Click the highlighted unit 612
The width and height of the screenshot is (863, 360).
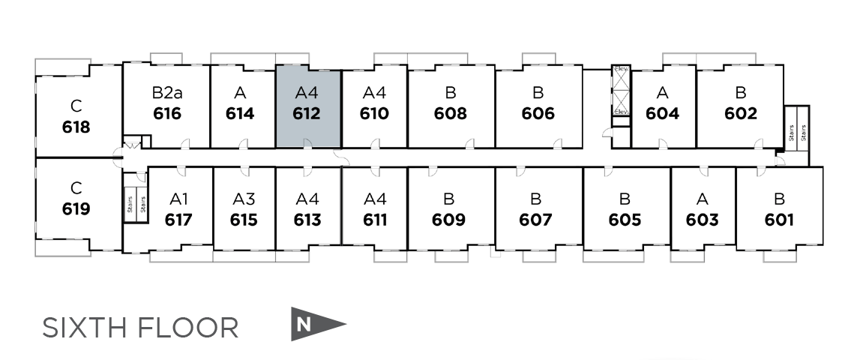click(308, 106)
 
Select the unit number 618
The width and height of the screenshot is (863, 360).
click(76, 127)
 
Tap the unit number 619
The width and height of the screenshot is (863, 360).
click(76, 208)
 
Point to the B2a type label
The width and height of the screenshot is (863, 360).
click(166, 93)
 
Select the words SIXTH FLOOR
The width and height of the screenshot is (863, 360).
click(140, 328)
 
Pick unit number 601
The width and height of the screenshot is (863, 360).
click(779, 220)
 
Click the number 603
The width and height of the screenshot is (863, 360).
click(703, 220)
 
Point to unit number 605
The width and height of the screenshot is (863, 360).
click(625, 220)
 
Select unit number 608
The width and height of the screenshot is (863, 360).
click(450, 114)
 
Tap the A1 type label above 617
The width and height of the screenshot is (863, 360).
click(179, 199)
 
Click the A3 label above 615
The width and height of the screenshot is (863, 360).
click(244, 199)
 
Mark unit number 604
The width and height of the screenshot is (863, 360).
click(662, 114)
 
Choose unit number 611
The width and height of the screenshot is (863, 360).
click(375, 220)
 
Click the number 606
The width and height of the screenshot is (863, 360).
click(538, 114)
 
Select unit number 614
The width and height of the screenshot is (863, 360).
click(240, 114)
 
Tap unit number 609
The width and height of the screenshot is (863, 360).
click(448, 220)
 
